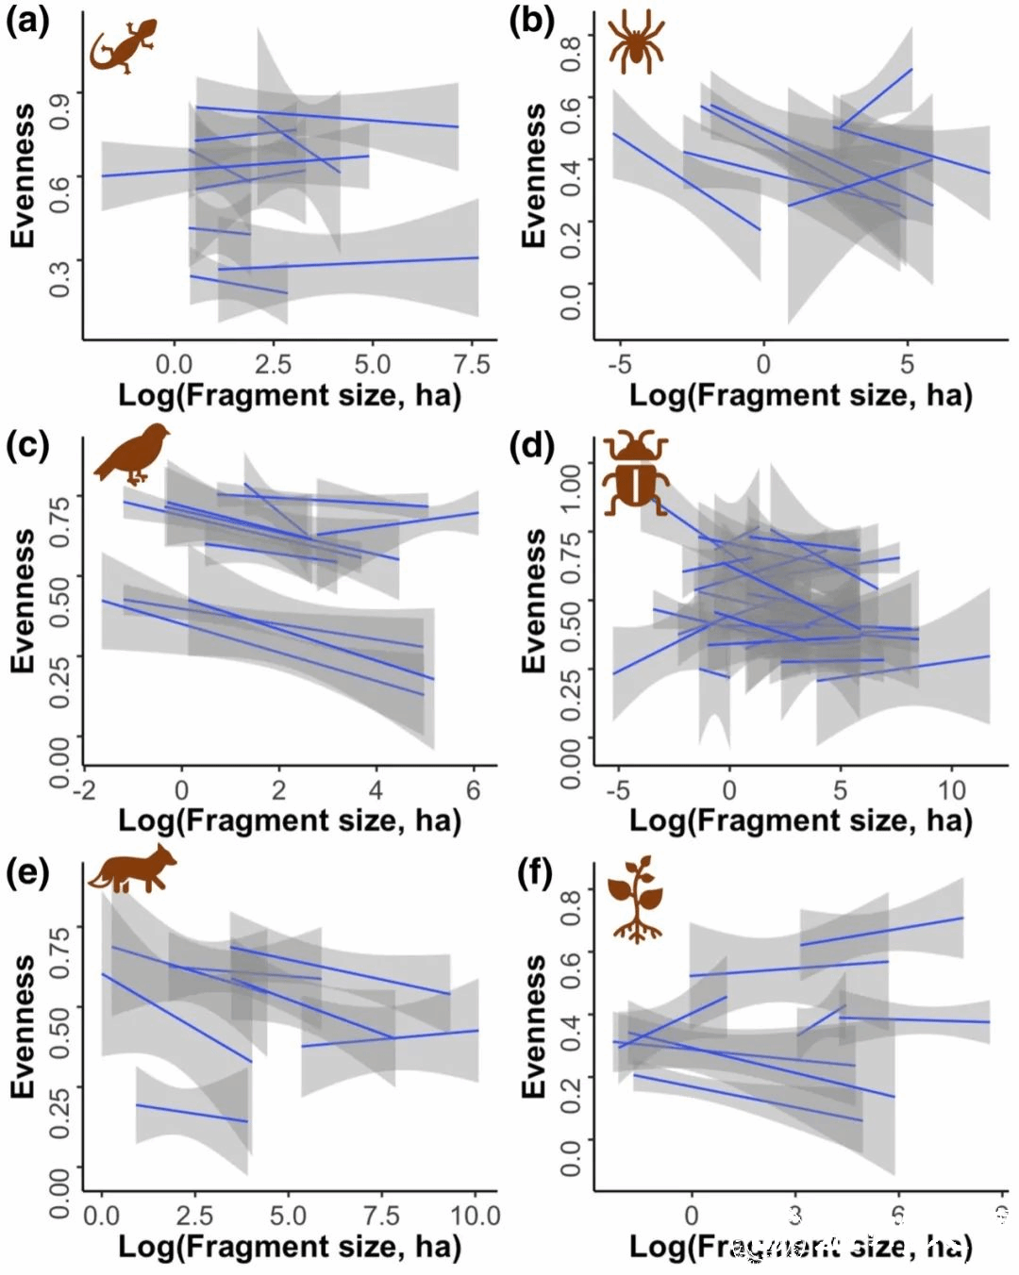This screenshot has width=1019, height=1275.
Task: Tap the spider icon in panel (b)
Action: pyautogui.click(x=637, y=45)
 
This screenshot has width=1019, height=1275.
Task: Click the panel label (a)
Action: pyautogui.click(x=26, y=21)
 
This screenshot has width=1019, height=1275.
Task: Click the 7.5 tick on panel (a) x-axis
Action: pyautogui.click(x=471, y=364)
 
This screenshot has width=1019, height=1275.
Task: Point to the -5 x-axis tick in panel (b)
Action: pyautogui.click(x=619, y=364)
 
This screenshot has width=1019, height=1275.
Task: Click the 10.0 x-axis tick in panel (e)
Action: pyautogui.click(x=475, y=1215)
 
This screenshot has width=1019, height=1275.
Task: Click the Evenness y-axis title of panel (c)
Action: pyautogui.click(x=23, y=601)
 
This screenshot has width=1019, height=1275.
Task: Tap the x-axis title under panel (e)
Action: pyautogui.click(x=289, y=1247)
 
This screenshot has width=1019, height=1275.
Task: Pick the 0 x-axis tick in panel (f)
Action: pyautogui.click(x=692, y=1215)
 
